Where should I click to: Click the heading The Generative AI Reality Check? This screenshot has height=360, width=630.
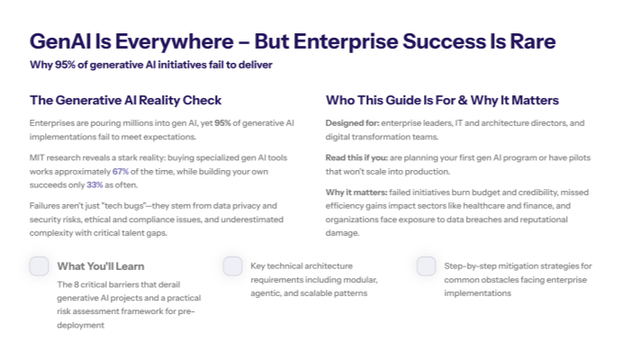pyautogui.click(x=125, y=100)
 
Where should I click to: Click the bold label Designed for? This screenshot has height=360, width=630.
pyautogui.click(x=351, y=122)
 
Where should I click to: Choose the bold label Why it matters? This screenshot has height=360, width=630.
pyautogui.click(x=356, y=193)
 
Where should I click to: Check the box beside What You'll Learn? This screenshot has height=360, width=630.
pyautogui.click(x=39, y=265)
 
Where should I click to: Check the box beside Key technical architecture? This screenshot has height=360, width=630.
pyautogui.click(x=232, y=265)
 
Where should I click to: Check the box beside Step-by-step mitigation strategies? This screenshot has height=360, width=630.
pyautogui.click(x=426, y=265)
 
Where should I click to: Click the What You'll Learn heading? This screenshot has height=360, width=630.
pyautogui.click(x=100, y=266)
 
